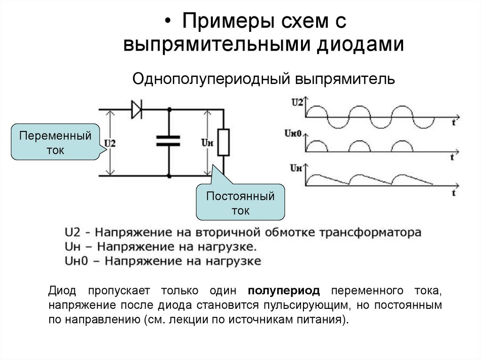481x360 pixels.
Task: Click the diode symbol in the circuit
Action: [x=137, y=110]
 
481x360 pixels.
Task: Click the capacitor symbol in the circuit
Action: [x=168, y=140]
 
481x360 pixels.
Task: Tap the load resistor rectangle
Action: [x=224, y=142]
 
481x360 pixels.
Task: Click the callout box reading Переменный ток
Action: [x=55, y=143]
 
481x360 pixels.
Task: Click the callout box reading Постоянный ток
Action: [x=240, y=203]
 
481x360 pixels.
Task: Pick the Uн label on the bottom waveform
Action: [x=296, y=167]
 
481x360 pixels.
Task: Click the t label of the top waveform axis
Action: [x=453, y=123]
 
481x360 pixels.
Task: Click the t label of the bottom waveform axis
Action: [x=454, y=192]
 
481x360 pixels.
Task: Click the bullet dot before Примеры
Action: [x=168, y=22]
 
